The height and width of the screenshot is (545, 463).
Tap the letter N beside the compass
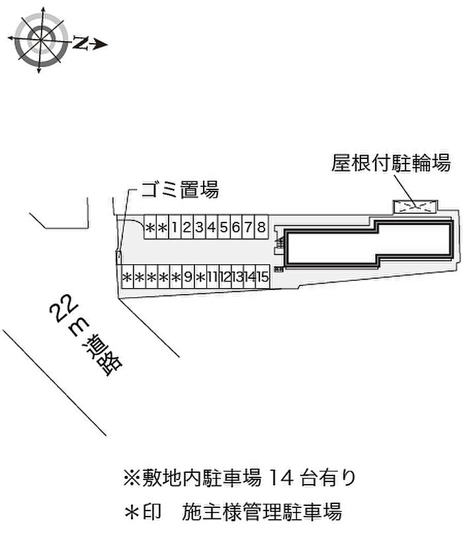[x=81, y=44]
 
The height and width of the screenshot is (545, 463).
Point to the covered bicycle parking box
[x=416, y=207]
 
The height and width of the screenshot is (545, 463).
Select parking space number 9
[x=188, y=277]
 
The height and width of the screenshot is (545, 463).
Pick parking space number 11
[x=212, y=277]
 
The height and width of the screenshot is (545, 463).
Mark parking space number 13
[x=237, y=277]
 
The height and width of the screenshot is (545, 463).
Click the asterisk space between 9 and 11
[x=200, y=277]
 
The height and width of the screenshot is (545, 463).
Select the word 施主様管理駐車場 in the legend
[x=263, y=511]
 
